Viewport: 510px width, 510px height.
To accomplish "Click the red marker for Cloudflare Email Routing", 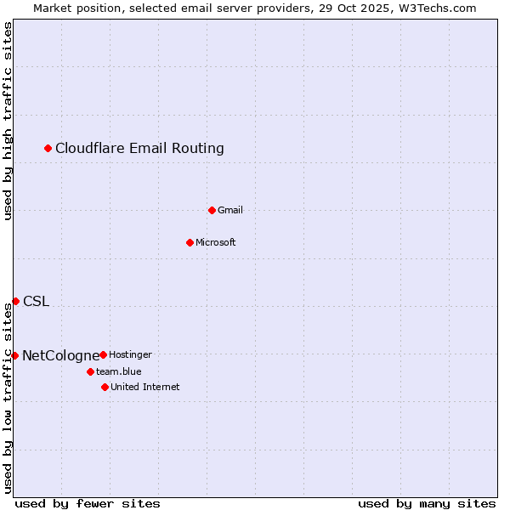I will coord(48,149).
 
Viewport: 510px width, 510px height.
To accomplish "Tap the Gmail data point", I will coord(212,210).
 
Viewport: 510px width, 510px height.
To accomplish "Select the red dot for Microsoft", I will coord(190,242).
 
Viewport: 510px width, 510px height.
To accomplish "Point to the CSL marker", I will coord(15,301).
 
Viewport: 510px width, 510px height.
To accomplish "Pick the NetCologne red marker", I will coord(14,355).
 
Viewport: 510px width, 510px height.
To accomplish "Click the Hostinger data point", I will coord(103,354).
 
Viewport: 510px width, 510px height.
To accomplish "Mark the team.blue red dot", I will coord(90,371).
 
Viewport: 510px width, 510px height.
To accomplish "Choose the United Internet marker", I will coord(105,387).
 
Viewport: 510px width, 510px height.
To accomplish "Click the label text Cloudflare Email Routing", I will coord(139,149).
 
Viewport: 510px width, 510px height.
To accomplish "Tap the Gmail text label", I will coord(230,210).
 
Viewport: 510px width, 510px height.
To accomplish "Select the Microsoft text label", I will coord(216,242).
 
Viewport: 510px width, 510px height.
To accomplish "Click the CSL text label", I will coord(36,301).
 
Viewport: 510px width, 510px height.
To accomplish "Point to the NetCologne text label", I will coord(59,355).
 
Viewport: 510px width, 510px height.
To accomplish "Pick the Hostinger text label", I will coord(130,354).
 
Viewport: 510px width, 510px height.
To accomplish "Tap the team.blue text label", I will coord(119,371).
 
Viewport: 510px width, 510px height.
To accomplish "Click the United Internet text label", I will coord(144,387).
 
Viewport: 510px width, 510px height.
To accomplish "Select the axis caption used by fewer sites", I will coord(88,503).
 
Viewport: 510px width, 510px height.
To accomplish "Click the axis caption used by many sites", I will coord(427,503).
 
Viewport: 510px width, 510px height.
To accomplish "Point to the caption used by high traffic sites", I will coord(8,121).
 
